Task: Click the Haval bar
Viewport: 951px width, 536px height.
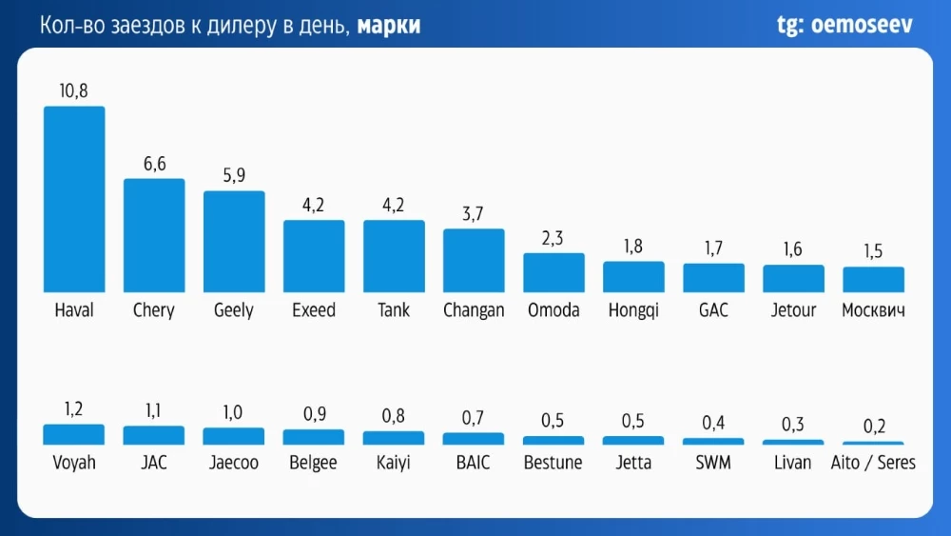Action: [x=74, y=199]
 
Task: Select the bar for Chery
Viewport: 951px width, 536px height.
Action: [x=154, y=235]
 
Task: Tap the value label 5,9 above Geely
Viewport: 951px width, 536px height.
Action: [x=234, y=175]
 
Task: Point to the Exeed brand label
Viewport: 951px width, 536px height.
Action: [x=314, y=310]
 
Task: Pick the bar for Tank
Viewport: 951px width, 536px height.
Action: [x=394, y=256]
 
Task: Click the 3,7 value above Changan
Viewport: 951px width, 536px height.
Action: [x=474, y=213]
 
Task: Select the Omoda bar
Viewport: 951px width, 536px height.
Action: [x=553, y=272]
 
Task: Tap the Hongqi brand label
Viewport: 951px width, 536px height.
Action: [x=633, y=310]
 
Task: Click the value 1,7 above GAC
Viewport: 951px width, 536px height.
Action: [x=713, y=248]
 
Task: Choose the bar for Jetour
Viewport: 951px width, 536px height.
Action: [x=793, y=278]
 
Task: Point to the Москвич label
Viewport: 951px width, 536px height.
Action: [x=873, y=310]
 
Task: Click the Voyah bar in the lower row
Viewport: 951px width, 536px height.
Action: [x=74, y=435]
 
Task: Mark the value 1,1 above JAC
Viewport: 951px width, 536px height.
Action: [x=154, y=410]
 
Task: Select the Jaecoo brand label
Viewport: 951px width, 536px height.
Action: [x=234, y=463]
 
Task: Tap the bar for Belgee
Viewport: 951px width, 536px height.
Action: [x=314, y=437]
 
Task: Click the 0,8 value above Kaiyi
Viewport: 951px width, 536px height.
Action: [x=394, y=415]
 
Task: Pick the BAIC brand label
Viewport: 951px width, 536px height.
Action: [x=474, y=463]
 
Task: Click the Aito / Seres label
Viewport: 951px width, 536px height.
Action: [x=873, y=463]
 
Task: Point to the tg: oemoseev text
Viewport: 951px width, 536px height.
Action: [x=844, y=26]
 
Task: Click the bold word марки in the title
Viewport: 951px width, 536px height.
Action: [x=390, y=27]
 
